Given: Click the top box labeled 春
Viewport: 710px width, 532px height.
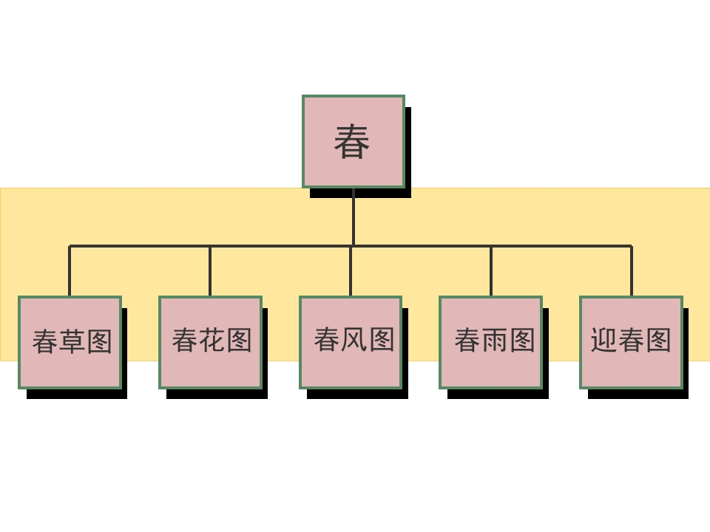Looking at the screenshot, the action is click(x=354, y=142).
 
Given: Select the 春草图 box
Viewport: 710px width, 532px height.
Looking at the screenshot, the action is click(x=70, y=342).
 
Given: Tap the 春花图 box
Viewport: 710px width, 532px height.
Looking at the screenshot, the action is click(x=211, y=342).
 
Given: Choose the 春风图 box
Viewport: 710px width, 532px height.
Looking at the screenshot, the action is click(x=351, y=342).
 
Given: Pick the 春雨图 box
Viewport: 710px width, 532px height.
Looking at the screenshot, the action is click(x=491, y=342).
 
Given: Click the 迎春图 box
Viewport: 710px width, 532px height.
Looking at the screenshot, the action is click(x=631, y=342).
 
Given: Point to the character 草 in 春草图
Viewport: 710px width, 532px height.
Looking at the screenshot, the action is click(x=72, y=341).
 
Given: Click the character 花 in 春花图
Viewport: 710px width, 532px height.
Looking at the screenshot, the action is click(x=212, y=340).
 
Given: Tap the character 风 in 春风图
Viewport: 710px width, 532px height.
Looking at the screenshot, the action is click(x=354, y=340).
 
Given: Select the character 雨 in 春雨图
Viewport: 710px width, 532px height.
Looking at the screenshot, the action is click(x=495, y=340).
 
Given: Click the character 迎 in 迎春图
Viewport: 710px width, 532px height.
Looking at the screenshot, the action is click(x=603, y=340).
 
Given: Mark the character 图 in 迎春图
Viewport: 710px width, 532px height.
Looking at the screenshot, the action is click(x=658, y=340).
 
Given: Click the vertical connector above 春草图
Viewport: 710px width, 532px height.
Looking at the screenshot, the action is click(x=70, y=271).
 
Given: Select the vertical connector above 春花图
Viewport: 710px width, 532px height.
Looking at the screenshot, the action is click(x=210, y=271).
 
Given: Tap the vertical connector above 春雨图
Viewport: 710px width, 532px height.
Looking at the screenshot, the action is click(x=491, y=271).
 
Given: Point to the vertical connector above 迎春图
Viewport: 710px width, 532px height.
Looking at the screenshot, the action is click(x=632, y=271).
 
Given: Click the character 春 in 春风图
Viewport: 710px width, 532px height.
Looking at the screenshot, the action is click(x=326, y=340).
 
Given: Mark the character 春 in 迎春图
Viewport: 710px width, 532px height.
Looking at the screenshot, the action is click(x=631, y=340).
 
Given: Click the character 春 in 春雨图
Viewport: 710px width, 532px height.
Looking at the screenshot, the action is click(x=467, y=340).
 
